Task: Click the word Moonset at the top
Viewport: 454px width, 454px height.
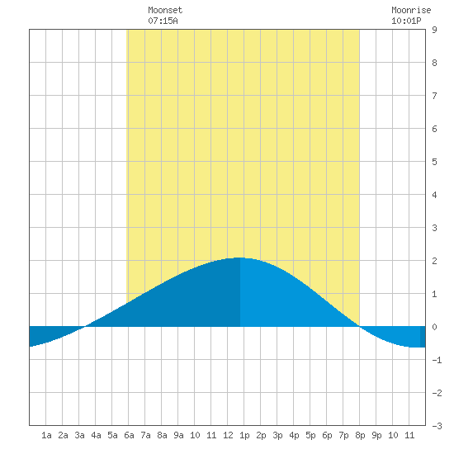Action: (165, 10)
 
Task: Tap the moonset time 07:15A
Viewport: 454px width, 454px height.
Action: (163, 21)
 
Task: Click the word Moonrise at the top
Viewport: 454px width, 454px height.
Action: (411, 10)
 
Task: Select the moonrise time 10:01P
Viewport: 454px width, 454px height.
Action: (406, 21)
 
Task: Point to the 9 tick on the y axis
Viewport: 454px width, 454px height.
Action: (434, 30)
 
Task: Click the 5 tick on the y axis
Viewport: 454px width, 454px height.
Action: (434, 162)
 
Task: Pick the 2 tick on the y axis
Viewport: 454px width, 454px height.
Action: (434, 261)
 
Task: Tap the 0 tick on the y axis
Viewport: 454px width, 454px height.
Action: (434, 327)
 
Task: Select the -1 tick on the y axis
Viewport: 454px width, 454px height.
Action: (437, 360)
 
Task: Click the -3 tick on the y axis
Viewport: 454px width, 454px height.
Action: (437, 426)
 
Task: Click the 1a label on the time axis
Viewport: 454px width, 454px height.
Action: (46, 435)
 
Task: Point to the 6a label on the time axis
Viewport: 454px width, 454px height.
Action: (129, 435)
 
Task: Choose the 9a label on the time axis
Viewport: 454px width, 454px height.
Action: (178, 435)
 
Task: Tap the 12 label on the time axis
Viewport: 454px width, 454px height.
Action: (228, 435)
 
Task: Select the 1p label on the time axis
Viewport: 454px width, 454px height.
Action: (244, 435)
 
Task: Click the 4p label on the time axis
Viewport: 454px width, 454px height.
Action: (294, 435)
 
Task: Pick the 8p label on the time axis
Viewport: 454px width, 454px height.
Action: (360, 435)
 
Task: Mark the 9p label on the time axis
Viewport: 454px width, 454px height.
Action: (376, 435)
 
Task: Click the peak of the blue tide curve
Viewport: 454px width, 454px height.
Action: (239, 258)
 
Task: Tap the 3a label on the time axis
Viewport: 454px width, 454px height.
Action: (79, 435)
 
